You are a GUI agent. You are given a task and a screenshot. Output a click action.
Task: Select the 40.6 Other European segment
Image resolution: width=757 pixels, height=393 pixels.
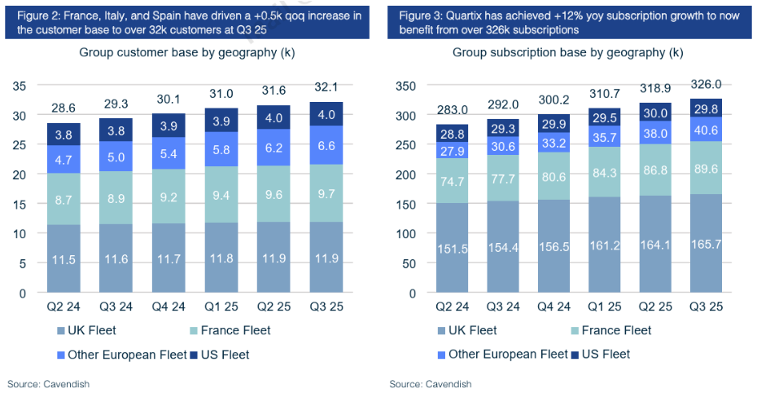pos(706,129)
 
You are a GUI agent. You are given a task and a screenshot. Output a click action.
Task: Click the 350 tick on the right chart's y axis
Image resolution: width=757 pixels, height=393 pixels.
pos(405,85)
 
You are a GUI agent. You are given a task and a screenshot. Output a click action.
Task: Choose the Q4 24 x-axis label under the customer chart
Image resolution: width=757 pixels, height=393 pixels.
pos(168,308)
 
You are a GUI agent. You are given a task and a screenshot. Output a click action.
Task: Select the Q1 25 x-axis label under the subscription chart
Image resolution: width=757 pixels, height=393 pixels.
pos(604,308)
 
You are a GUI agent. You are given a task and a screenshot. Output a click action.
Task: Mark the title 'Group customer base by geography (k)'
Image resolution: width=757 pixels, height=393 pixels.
pos(186,53)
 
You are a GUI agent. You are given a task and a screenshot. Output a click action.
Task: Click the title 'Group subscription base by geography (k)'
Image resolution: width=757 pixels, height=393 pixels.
pos(568,53)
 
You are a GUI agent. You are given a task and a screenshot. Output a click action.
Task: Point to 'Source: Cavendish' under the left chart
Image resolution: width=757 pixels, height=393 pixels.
pos(48,383)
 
